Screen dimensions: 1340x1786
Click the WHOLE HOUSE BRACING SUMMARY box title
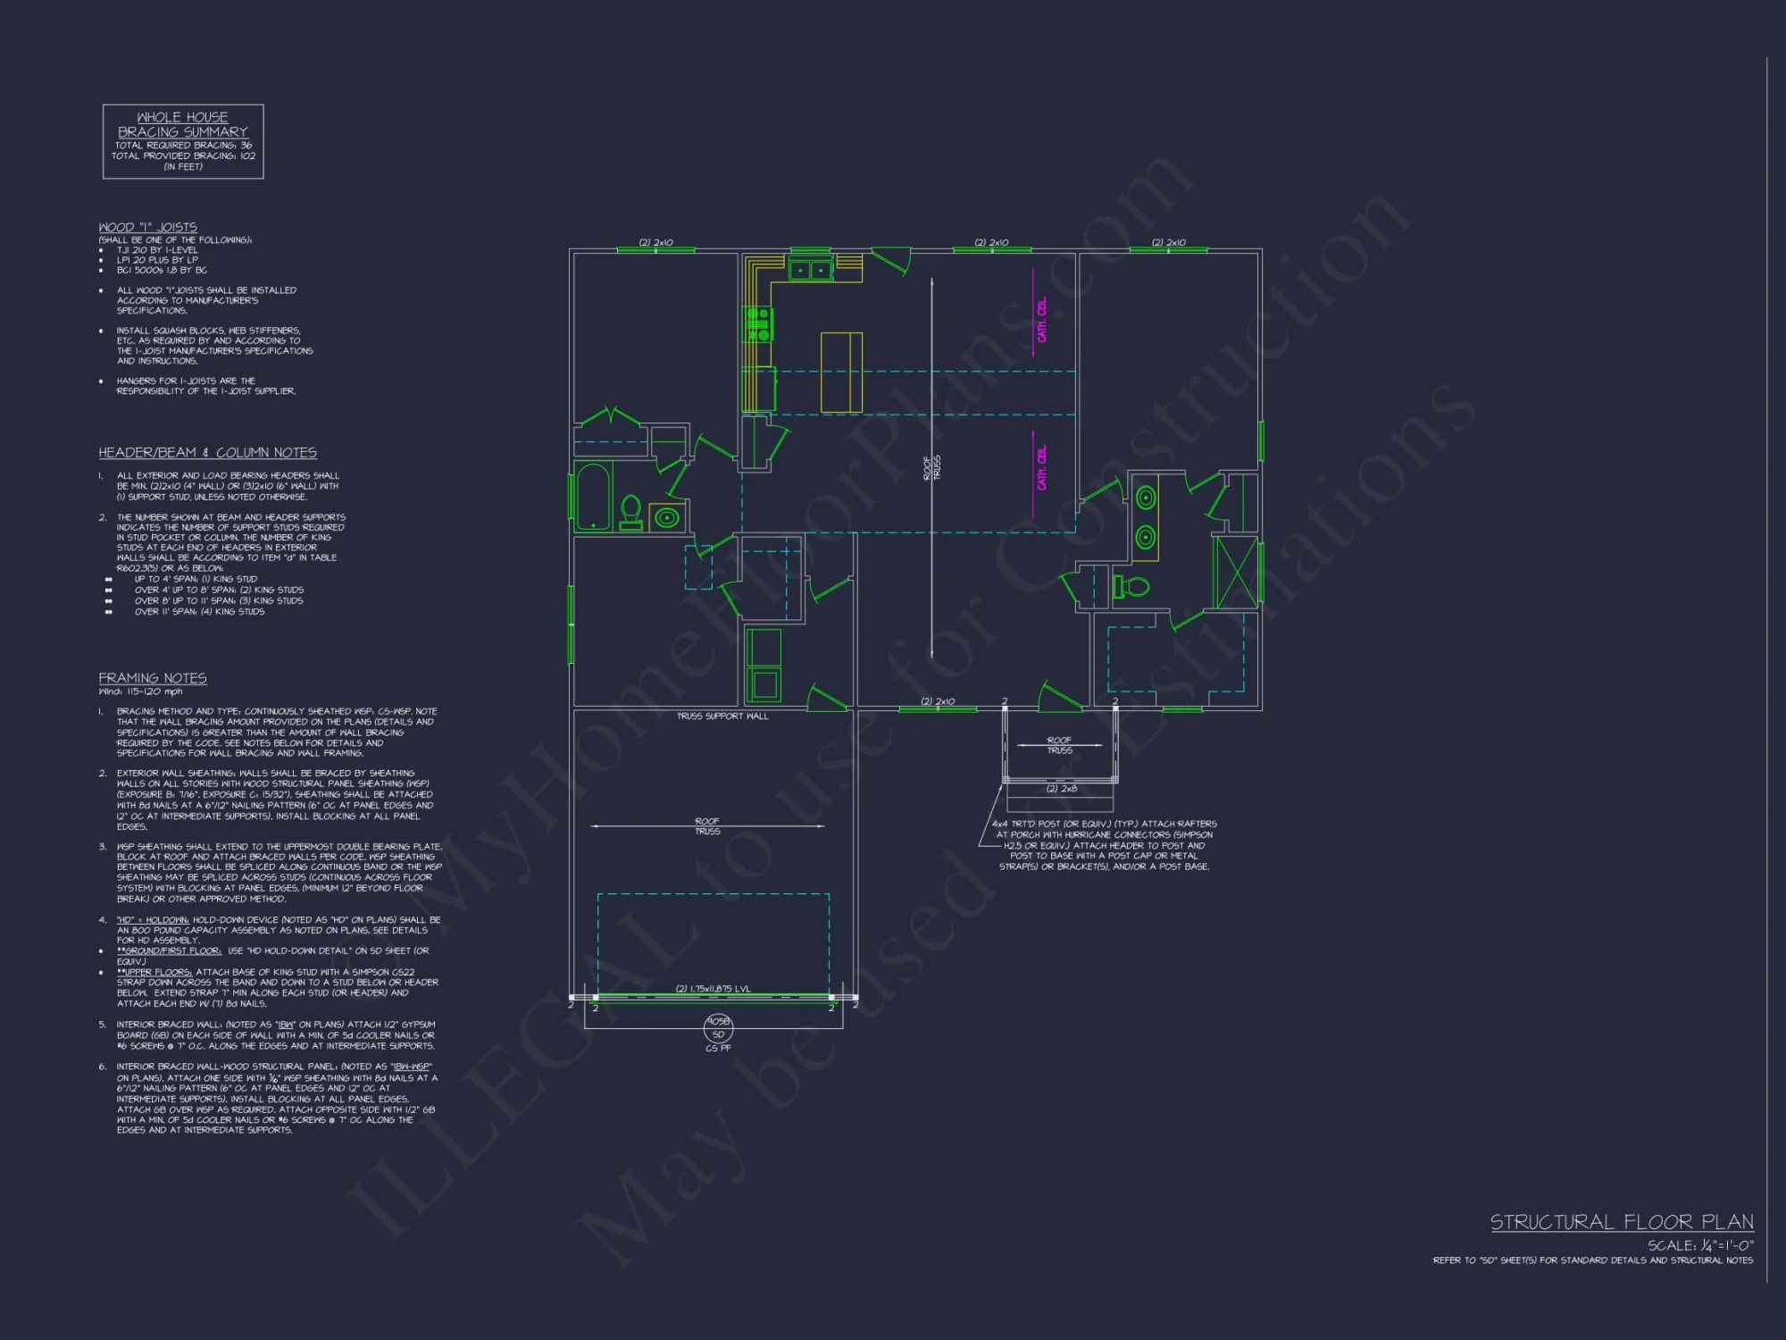(x=183, y=124)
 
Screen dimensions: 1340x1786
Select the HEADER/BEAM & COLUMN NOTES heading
(x=207, y=453)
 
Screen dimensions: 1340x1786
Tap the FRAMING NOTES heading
(x=153, y=678)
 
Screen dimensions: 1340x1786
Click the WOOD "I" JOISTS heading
(x=148, y=227)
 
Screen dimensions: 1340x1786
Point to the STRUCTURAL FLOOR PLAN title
(x=1622, y=1222)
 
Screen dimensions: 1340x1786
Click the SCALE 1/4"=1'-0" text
(x=1700, y=1245)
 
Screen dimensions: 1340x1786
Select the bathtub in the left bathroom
(x=592, y=497)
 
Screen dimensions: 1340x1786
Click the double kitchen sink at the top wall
(x=811, y=270)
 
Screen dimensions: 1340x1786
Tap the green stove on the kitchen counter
(x=758, y=324)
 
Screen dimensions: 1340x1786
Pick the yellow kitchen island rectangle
(x=841, y=373)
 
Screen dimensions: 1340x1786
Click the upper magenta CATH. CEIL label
(x=1042, y=320)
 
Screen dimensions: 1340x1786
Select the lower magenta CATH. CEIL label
(x=1042, y=467)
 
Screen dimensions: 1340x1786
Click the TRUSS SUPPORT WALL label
(x=722, y=716)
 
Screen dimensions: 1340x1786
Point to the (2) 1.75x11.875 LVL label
(x=713, y=989)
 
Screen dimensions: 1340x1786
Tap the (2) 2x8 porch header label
(x=1062, y=789)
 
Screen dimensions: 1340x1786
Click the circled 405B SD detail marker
(x=718, y=1028)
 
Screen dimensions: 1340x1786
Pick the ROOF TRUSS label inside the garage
(x=707, y=826)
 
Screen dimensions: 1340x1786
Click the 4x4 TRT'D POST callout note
(x=1105, y=845)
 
